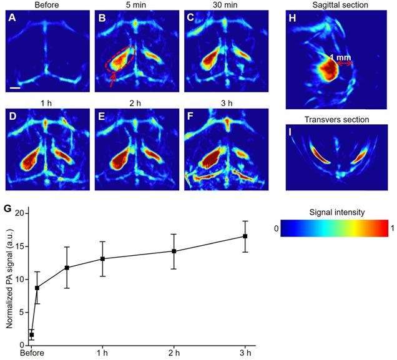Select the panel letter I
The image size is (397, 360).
click(291, 132)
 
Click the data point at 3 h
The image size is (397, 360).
click(245, 236)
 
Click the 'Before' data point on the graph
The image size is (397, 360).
click(31, 335)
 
